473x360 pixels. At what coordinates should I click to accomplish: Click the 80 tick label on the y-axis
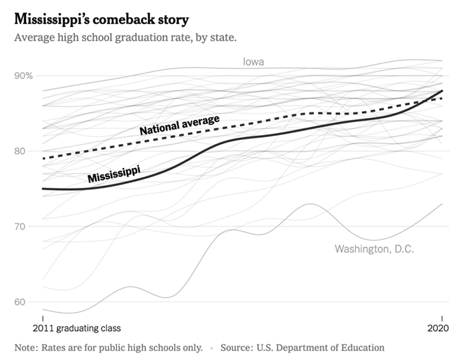(x=21, y=151)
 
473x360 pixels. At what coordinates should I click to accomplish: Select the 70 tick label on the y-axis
(x=21, y=226)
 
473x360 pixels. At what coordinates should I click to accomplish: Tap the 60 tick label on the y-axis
(x=21, y=302)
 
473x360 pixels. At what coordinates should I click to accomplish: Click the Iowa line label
(x=254, y=62)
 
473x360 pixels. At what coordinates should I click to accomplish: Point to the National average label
(x=180, y=125)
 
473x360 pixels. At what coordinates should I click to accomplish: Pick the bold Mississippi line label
(x=114, y=172)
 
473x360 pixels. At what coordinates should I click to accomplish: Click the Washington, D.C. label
(x=374, y=248)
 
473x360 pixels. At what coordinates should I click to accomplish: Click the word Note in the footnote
(x=27, y=348)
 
